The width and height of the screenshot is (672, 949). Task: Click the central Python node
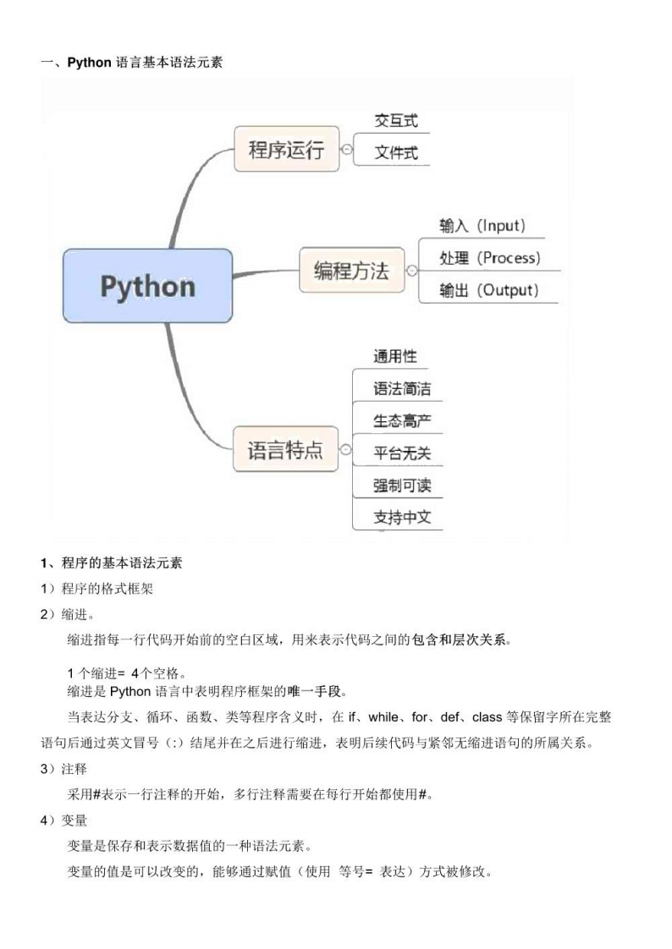click(147, 286)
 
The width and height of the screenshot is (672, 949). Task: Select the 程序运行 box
click(286, 150)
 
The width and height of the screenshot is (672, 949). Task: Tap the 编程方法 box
click(351, 271)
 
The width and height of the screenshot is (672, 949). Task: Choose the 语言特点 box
click(285, 449)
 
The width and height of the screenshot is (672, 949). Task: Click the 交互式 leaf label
click(396, 121)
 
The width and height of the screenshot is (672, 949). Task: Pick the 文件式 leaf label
click(396, 154)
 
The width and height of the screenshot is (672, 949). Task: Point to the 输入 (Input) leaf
click(482, 226)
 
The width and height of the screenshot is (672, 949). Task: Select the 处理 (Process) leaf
click(489, 258)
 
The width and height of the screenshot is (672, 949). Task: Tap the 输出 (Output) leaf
click(488, 290)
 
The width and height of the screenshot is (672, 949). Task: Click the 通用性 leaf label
click(395, 356)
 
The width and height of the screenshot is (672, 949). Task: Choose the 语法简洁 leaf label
click(402, 388)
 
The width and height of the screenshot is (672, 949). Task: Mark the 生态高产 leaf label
click(402, 420)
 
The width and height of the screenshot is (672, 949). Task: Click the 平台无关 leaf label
click(402, 453)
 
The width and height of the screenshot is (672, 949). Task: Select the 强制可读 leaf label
click(402, 485)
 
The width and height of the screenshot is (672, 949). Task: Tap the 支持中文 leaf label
click(402, 517)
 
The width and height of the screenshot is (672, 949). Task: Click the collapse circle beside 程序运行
click(346, 150)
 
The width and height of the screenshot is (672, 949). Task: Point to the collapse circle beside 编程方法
click(411, 271)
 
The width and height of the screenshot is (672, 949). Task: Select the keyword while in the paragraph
click(388, 718)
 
